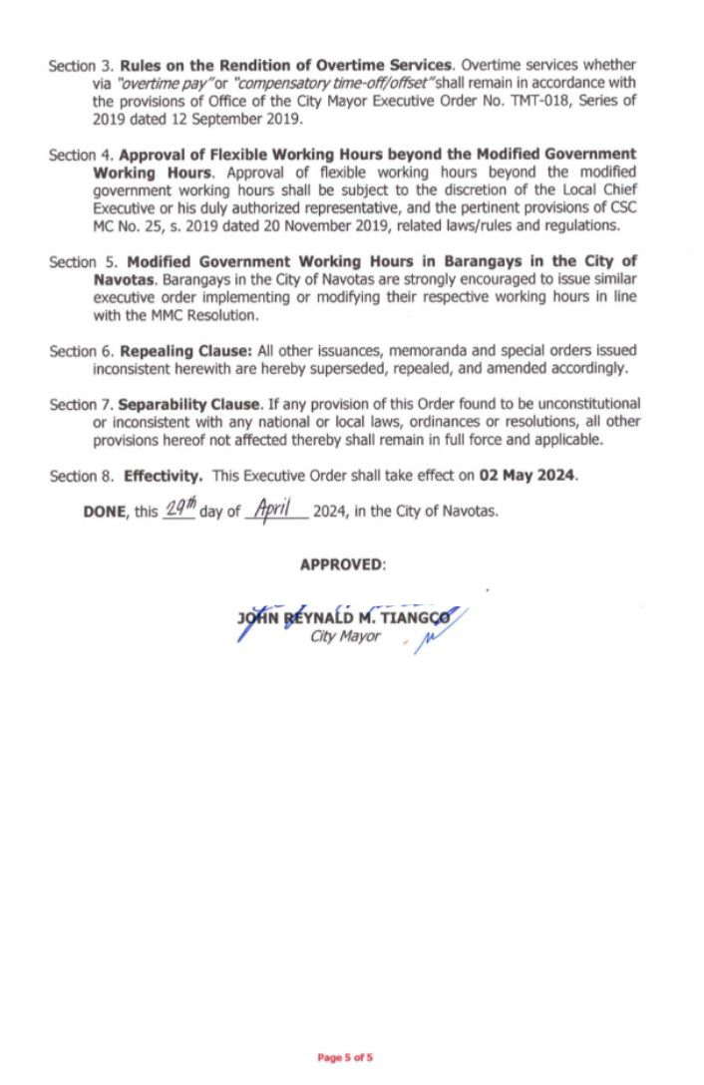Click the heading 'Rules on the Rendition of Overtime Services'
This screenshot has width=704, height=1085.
tap(286, 66)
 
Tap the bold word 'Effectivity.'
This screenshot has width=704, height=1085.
tap(164, 476)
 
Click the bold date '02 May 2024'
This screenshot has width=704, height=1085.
tap(526, 476)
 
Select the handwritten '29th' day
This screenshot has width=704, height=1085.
tap(179, 510)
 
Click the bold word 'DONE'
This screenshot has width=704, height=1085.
tap(107, 512)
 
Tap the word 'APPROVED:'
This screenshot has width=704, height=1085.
tap(342, 564)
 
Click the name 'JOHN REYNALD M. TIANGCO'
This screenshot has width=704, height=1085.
tap(344, 618)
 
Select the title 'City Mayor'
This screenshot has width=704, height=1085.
tap(345, 636)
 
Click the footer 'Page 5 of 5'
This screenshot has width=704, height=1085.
tap(345, 1057)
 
